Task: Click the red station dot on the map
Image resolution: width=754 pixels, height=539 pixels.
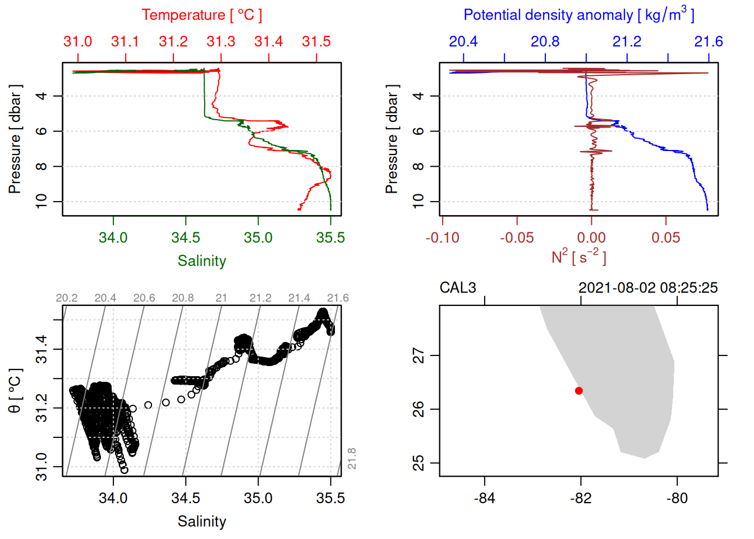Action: point(579,391)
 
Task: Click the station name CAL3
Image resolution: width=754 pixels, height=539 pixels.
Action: point(457,288)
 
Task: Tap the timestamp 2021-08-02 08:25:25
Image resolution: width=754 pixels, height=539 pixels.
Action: point(648,288)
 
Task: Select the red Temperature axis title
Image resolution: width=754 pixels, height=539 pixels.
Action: point(202,15)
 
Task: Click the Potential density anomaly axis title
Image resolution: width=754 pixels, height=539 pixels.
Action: point(578,15)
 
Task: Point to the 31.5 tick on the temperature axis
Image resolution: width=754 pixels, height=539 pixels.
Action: point(316,42)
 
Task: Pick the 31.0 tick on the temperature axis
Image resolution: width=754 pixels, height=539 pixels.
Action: point(77,42)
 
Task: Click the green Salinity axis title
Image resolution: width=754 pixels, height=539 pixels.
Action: point(202,261)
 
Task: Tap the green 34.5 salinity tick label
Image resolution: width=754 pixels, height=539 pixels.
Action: point(186,237)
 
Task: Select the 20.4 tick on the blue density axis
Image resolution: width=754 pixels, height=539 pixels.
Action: point(463,42)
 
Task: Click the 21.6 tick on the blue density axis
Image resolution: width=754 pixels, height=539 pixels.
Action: point(709,42)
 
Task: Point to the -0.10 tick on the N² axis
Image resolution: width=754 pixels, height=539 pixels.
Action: point(443,238)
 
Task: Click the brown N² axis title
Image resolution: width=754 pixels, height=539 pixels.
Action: point(578,257)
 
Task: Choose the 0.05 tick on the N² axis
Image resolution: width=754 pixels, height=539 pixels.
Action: point(666,238)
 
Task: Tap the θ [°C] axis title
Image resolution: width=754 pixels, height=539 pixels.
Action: point(15,391)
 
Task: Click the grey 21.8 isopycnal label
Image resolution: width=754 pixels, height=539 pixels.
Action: point(352,459)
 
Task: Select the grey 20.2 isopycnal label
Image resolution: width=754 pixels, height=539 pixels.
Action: point(67,298)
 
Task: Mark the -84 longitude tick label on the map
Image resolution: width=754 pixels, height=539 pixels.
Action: point(485,499)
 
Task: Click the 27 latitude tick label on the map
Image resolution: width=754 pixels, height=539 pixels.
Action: point(419,355)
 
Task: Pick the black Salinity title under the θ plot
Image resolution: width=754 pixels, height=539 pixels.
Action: point(202,522)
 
